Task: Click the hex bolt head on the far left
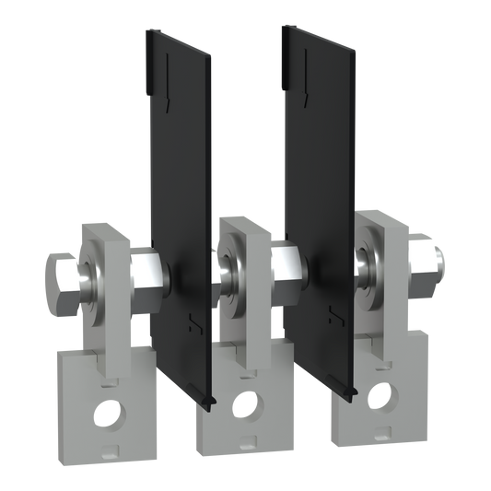[x=62, y=274]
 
